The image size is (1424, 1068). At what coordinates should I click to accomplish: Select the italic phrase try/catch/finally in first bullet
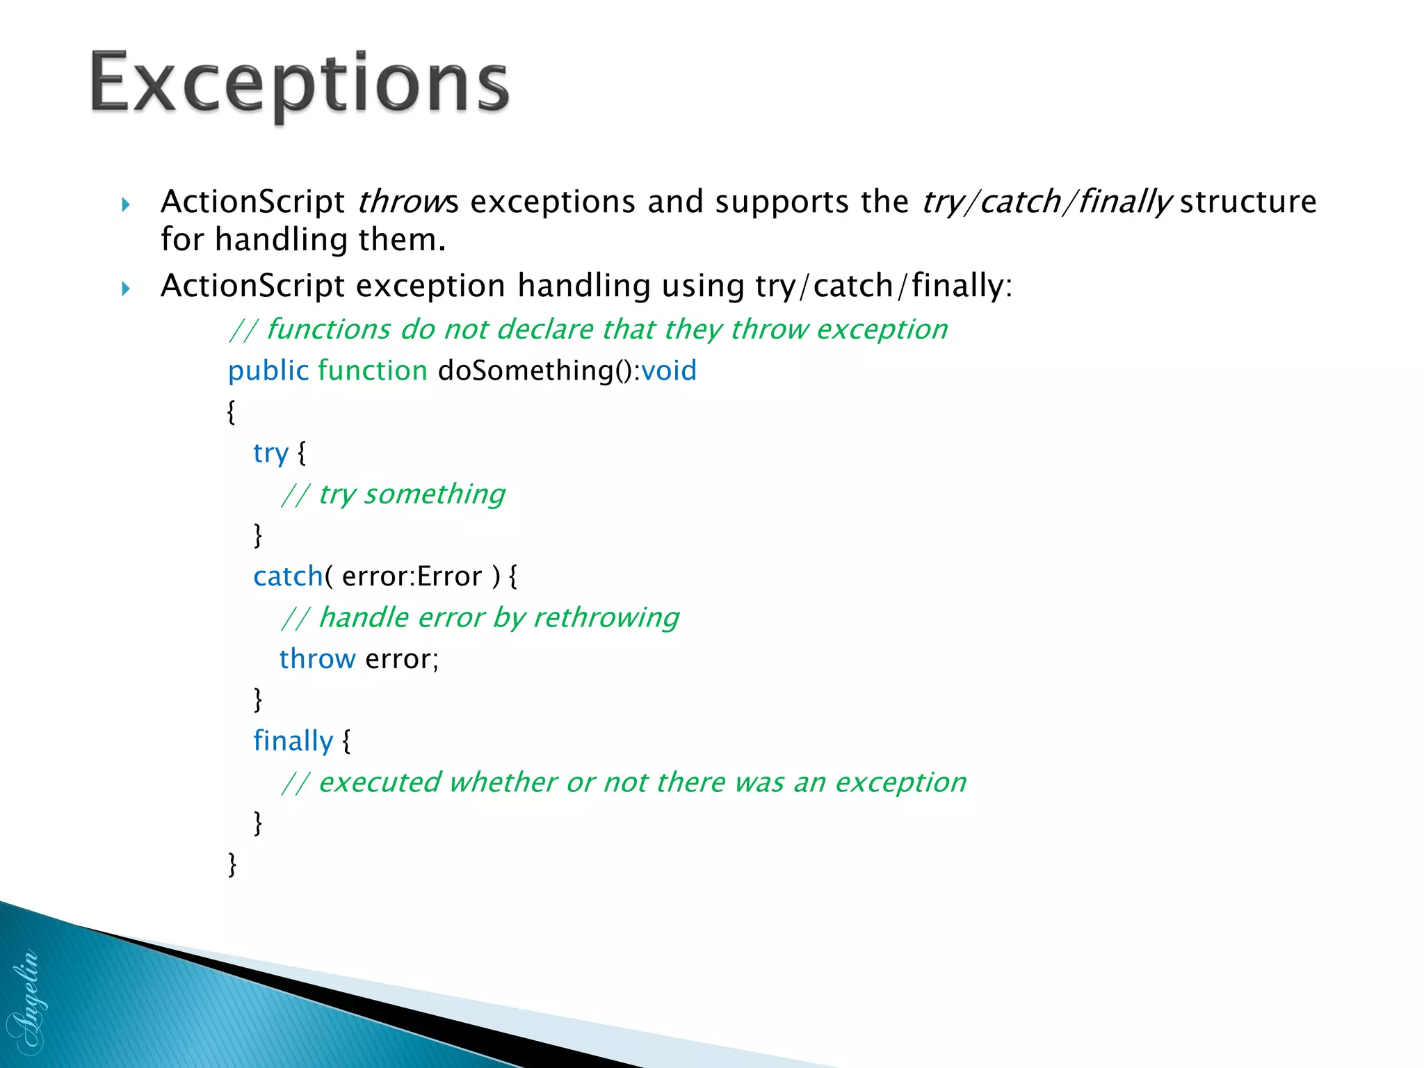pos(1046,202)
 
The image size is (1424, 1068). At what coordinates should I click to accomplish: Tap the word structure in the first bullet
pos(1248,202)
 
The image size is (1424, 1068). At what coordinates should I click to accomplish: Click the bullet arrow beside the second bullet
pos(126,288)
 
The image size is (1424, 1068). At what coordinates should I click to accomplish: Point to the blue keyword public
pos(268,371)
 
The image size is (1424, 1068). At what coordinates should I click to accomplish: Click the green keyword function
pos(373,371)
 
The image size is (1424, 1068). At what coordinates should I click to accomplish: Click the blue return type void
pos(668,371)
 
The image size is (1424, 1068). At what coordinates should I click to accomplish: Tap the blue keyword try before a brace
pos(270,453)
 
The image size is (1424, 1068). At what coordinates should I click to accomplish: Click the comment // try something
pos(394,494)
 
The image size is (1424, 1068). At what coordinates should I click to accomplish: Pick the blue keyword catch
pos(288,576)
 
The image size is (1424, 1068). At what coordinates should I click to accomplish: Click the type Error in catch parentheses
pos(449,576)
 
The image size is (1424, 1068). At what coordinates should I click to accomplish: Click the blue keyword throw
pos(317,658)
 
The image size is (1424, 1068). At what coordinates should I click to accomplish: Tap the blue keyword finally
pos(293,741)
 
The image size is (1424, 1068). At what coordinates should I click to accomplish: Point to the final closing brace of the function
pos(232,864)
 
